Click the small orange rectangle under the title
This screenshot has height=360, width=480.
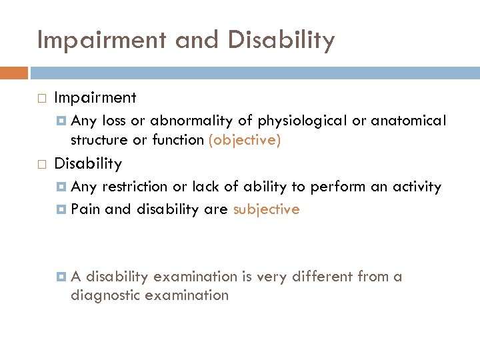coord(14,72)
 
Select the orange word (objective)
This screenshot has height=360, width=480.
coord(245,140)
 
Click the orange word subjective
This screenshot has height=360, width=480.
coord(266,209)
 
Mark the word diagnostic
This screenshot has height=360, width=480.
coord(103,295)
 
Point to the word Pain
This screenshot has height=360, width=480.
coord(85,209)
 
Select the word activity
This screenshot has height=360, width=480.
coord(413,187)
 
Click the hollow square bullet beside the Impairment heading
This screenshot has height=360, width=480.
coord(43,99)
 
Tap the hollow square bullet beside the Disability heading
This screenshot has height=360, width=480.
coord(43,164)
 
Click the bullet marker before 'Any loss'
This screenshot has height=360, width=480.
coord(62,121)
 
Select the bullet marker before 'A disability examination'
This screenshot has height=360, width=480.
coord(62,277)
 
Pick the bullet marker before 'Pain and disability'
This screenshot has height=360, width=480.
coord(62,210)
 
